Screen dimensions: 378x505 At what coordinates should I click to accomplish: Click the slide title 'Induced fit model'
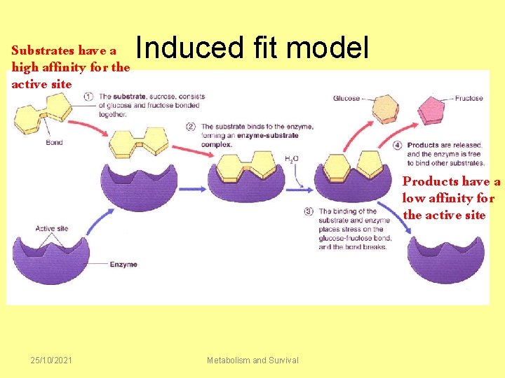[252, 48]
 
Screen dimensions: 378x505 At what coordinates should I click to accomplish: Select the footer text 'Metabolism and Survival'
[252, 360]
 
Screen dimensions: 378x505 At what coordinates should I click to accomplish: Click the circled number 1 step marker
[89, 97]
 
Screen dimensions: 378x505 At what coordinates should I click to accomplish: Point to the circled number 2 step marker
[191, 127]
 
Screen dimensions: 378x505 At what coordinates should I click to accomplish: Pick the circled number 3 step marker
[309, 211]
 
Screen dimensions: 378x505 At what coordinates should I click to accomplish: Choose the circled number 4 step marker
[397, 146]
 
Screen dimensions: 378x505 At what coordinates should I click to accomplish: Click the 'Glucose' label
[346, 99]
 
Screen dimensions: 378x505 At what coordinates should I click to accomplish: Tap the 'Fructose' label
[469, 99]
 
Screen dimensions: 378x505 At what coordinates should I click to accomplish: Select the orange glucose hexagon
[384, 109]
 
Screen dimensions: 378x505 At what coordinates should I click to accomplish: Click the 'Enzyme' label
[123, 265]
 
